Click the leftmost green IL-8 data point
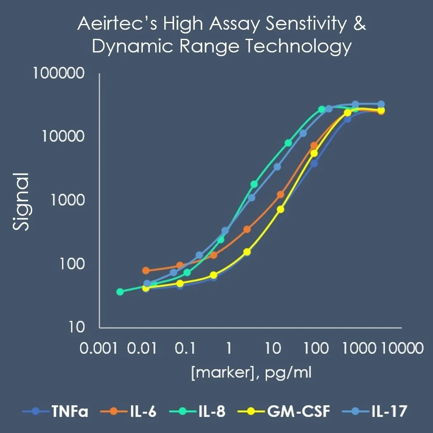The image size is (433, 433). pyautogui.click(x=120, y=292)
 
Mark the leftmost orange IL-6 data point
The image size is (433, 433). pyautogui.click(x=146, y=271)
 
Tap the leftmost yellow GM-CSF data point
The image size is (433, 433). pyautogui.click(x=146, y=288)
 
